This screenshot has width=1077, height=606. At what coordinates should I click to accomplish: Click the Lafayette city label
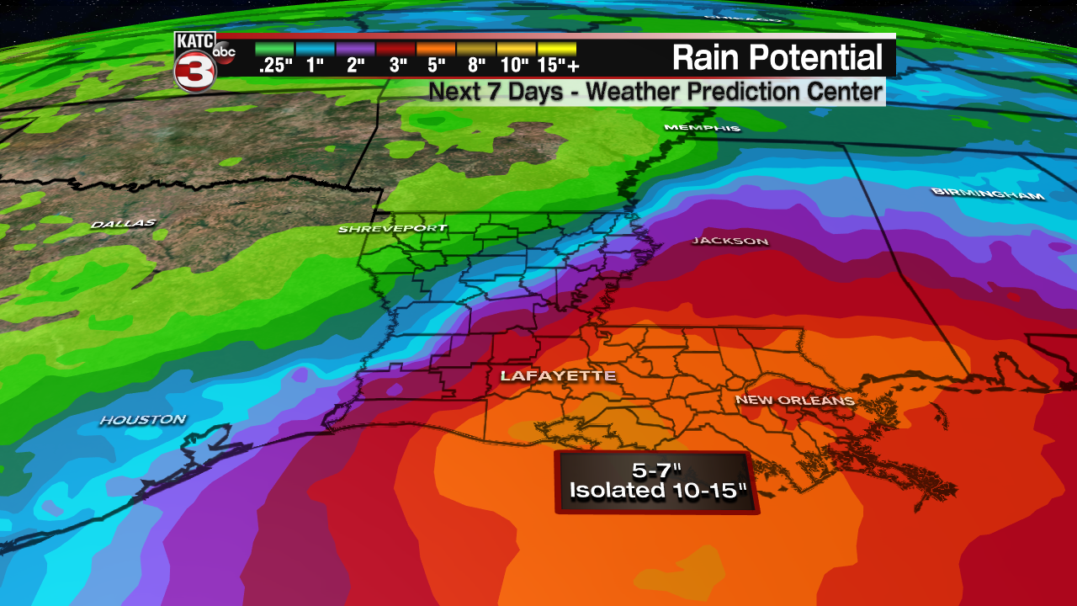[558, 376]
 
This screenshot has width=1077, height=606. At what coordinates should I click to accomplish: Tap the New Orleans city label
[795, 400]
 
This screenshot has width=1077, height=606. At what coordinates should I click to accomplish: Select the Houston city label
[143, 419]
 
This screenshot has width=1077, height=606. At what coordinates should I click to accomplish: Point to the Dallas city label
[123, 224]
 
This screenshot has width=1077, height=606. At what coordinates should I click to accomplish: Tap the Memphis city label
[702, 128]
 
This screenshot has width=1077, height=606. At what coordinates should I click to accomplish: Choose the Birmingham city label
[988, 194]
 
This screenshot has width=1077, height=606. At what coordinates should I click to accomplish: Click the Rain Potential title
[777, 57]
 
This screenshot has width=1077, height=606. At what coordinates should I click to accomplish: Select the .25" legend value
[274, 66]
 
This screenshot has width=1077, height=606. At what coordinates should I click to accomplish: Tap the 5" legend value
[436, 66]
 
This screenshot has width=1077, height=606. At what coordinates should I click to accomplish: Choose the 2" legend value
[355, 66]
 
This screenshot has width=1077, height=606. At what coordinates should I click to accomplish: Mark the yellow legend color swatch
[557, 49]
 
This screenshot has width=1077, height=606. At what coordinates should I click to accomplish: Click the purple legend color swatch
[355, 49]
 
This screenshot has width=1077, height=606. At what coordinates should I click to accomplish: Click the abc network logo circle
[225, 51]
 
